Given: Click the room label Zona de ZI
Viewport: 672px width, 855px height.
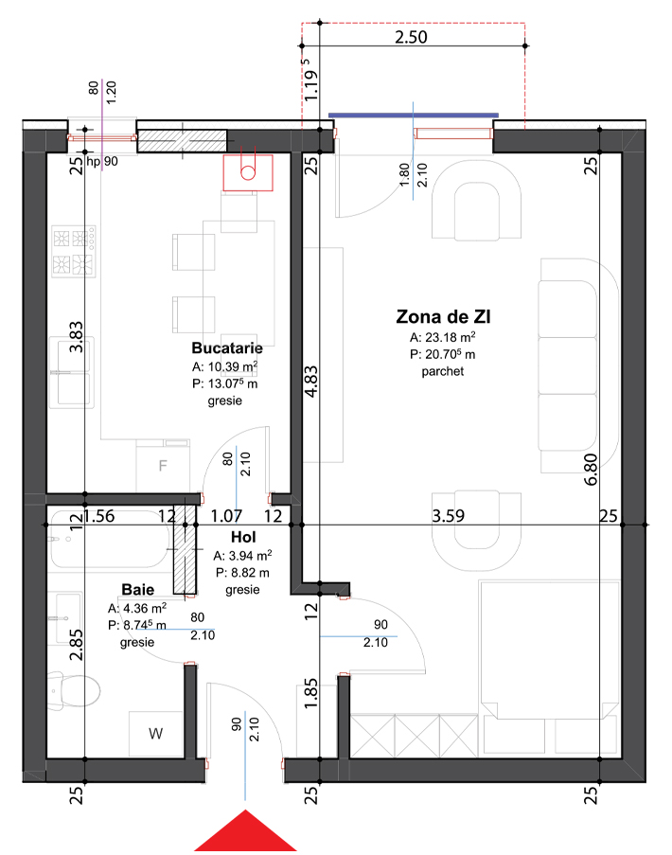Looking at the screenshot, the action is tap(443, 316).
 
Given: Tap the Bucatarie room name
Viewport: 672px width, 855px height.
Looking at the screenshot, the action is tap(227, 347).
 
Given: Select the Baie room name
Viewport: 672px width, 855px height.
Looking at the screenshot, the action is tap(138, 590).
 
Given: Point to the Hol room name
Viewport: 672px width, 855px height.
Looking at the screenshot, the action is tap(243, 537).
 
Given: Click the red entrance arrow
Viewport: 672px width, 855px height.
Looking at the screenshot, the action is tap(245, 832).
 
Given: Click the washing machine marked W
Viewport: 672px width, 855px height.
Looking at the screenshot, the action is tap(156, 734).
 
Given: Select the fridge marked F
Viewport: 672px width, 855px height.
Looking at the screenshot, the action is tap(163, 466).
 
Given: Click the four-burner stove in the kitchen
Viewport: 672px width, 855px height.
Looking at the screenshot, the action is tap(74, 251).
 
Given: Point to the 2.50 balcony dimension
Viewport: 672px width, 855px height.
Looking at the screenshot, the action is tap(411, 37).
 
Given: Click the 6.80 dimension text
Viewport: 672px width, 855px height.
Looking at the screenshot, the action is tap(591, 469).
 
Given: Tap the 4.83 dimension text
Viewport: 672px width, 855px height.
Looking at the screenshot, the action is tap(310, 382).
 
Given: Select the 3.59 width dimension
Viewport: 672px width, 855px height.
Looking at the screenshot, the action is tap(448, 516).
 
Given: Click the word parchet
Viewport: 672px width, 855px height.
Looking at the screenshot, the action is tap(443, 371).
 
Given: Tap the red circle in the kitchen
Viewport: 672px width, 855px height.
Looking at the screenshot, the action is tap(248, 173).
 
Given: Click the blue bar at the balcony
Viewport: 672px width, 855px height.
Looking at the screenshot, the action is tap(413, 116).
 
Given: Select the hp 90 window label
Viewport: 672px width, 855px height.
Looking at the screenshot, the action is tap(102, 161).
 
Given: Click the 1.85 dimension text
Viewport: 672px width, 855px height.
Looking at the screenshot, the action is tap(310, 693).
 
